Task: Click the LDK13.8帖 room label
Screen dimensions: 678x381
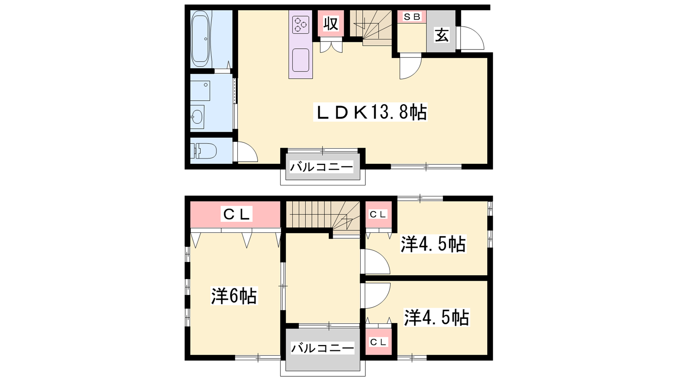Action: (x=370, y=113)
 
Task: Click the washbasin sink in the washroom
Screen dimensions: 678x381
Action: (x=197, y=117)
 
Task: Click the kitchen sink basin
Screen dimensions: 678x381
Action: (x=300, y=60)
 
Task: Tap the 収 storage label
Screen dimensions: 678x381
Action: (x=331, y=24)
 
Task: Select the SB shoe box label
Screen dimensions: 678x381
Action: (x=412, y=17)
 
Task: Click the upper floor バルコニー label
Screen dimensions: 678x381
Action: (x=322, y=167)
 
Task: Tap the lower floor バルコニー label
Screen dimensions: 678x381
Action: (x=322, y=348)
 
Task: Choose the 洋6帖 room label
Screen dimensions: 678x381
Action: (x=234, y=295)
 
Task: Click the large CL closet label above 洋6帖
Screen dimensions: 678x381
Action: (x=236, y=214)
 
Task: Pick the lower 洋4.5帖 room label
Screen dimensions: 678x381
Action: (x=436, y=317)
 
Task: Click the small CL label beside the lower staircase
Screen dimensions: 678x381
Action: (x=378, y=214)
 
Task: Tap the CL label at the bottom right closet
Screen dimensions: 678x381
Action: (x=378, y=342)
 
